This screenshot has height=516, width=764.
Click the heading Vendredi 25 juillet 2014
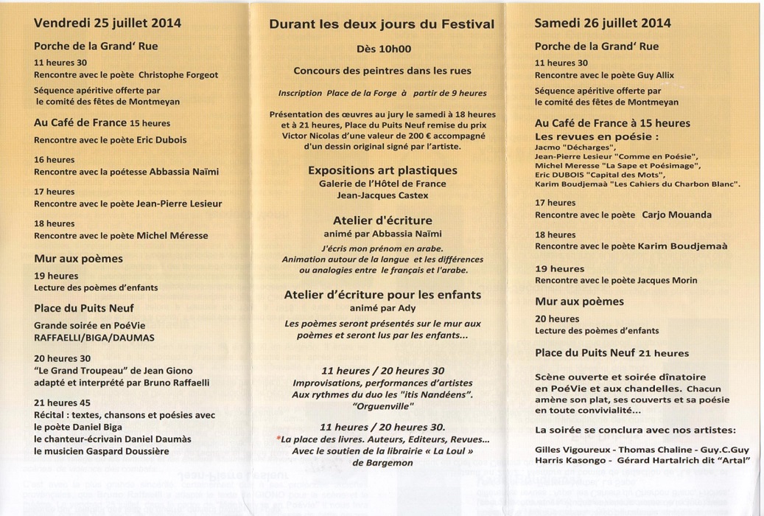pyautogui.click(x=108, y=23)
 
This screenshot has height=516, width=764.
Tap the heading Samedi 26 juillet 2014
pyautogui.click(x=602, y=23)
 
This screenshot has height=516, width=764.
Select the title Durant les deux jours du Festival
pyautogui.click(x=382, y=24)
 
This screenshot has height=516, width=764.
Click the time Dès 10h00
pyautogui.click(x=382, y=50)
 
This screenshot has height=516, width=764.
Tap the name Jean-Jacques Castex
pyautogui.click(x=382, y=196)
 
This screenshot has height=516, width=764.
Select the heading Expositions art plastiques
pyautogui.click(x=382, y=171)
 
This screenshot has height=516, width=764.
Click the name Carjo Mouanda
pyautogui.click(x=676, y=215)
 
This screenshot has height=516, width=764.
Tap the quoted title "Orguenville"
pyautogui.click(x=382, y=406)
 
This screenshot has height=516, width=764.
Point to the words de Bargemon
pyautogui.click(x=382, y=463)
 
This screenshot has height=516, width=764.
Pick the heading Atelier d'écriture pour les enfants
pyautogui.click(x=382, y=295)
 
